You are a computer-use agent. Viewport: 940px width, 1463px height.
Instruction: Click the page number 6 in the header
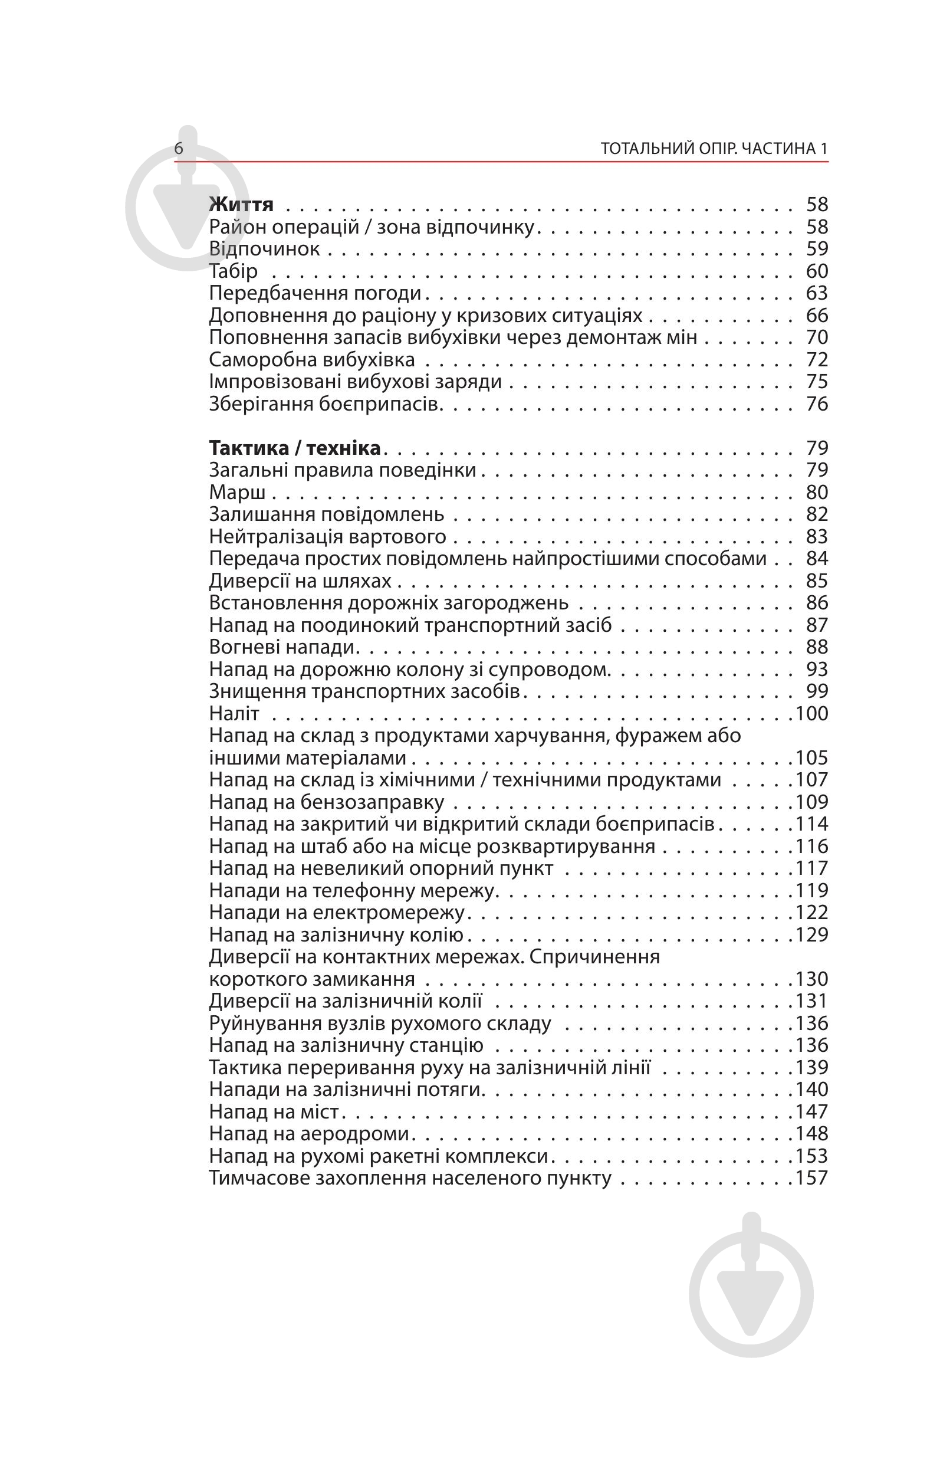pyautogui.click(x=178, y=149)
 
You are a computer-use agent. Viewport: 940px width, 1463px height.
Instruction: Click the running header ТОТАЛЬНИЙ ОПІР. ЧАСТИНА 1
pyautogui.click(x=714, y=149)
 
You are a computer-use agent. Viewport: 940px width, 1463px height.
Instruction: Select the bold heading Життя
pyautogui.click(x=241, y=204)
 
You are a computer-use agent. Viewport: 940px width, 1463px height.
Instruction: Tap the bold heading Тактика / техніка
pyautogui.click(x=295, y=448)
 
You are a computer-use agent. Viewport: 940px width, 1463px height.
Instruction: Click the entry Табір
pyautogui.click(x=233, y=271)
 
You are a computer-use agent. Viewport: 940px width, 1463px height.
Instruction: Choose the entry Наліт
pyautogui.click(x=234, y=713)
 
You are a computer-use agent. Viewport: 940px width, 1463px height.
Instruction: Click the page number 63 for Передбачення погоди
pyautogui.click(x=817, y=293)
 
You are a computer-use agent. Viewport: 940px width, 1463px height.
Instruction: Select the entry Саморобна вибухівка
pyautogui.click(x=312, y=360)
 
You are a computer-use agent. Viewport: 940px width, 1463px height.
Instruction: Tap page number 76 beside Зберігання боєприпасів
pyautogui.click(x=817, y=404)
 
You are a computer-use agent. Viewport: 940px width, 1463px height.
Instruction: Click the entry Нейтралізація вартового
pyautogui.click(x=328, y=536)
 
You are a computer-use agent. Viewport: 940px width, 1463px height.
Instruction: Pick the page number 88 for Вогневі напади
pyautogui.click(x=817, y=647)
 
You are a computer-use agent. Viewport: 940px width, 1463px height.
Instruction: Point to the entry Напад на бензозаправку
pyautogui.click(x=327, y=802)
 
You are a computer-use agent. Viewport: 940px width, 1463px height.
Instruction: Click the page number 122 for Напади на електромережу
pyautogui.click(x=813, y=912)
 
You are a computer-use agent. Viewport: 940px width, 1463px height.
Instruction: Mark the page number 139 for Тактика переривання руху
pyautogui.click(x=813, y=1067)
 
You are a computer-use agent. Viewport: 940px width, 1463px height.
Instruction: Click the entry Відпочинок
pyautogui.click(x=264, y=248)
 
